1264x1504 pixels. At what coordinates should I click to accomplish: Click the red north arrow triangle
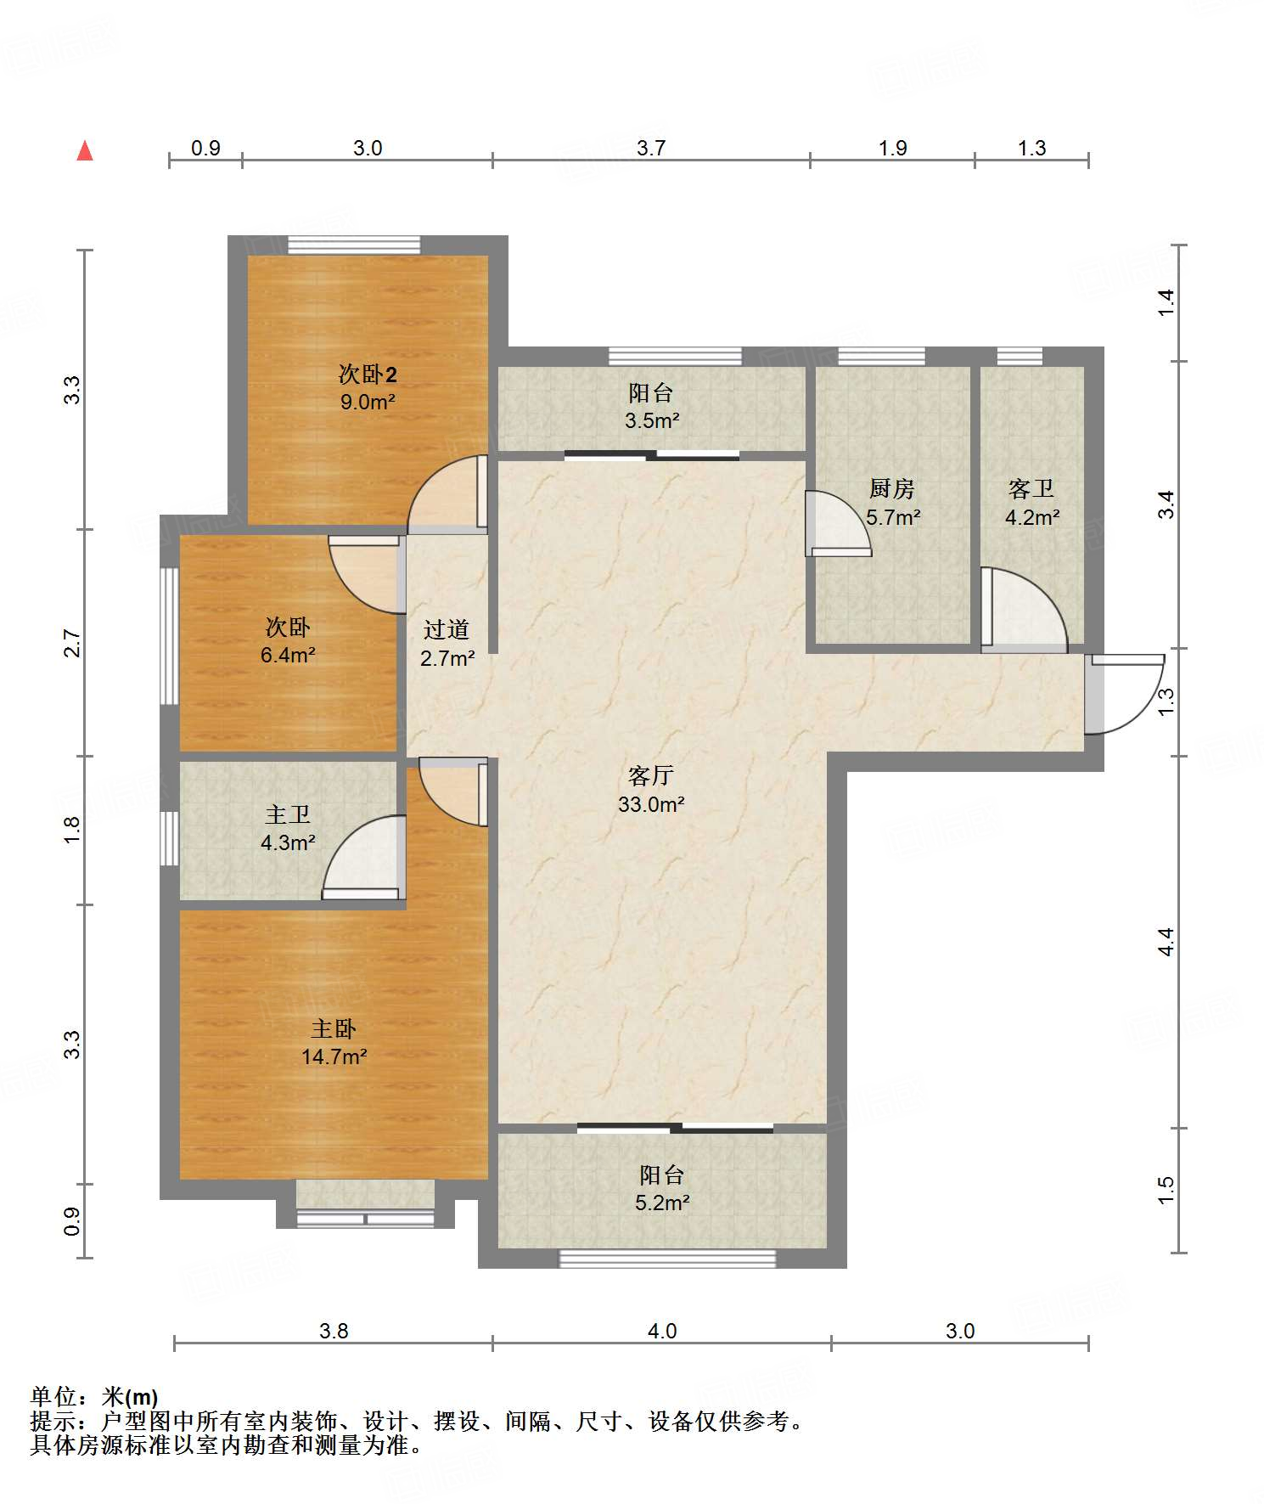(x=85, y=151)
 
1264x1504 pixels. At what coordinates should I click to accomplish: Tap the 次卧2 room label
(x=368, y=375)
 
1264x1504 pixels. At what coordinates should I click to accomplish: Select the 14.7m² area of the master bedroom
(x=334, y=1056)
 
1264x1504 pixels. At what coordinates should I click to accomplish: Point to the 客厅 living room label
(x=651, y=775)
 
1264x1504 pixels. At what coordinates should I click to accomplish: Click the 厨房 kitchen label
(x=892, y=489)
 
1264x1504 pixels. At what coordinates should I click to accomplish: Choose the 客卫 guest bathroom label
(x=1031, y=489)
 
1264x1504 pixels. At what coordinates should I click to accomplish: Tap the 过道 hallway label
(x=447, y=630)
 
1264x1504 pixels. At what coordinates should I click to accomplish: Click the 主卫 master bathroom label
(x=288, y=815)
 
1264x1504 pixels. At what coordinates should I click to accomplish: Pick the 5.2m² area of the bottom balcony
(x=662, y=1203)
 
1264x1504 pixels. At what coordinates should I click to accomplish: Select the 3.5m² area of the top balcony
(x=652, y=420)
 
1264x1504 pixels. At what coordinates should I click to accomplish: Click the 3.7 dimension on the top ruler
(x=651, y=148)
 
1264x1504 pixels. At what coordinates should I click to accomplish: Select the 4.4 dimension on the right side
(x=1166, y=942)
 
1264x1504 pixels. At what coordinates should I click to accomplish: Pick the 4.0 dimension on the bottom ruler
(x=662, y=1331)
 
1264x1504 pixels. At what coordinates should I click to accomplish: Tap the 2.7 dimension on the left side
(x=73, y=643)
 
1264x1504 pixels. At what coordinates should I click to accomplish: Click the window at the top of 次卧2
(x=354, y=245)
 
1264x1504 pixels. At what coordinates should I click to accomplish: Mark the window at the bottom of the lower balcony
(x=667, y=1259)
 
